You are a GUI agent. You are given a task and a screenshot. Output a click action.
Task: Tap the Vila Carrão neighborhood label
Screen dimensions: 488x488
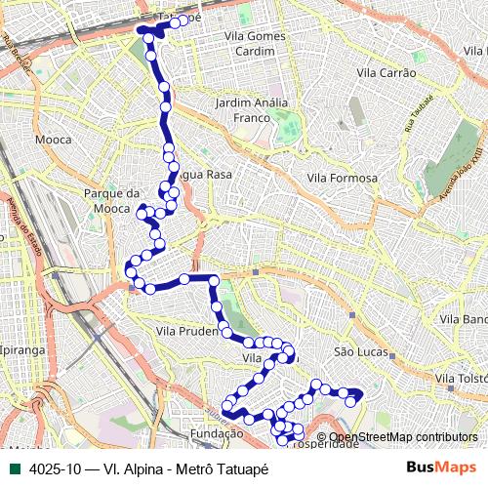pyautogui.click(x=387, y=73)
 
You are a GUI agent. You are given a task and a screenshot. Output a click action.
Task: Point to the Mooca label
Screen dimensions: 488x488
pyautogui.click(x=53, y=140)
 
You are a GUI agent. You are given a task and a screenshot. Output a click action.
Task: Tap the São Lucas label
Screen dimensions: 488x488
pyautogui.click(x=360, y=351)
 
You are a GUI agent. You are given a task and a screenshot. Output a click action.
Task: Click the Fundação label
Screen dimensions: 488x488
pyautogui.click(x=217, y=433)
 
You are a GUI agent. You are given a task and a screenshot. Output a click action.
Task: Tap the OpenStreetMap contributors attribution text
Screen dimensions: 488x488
pyautogui.click(x=403, y=437)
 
